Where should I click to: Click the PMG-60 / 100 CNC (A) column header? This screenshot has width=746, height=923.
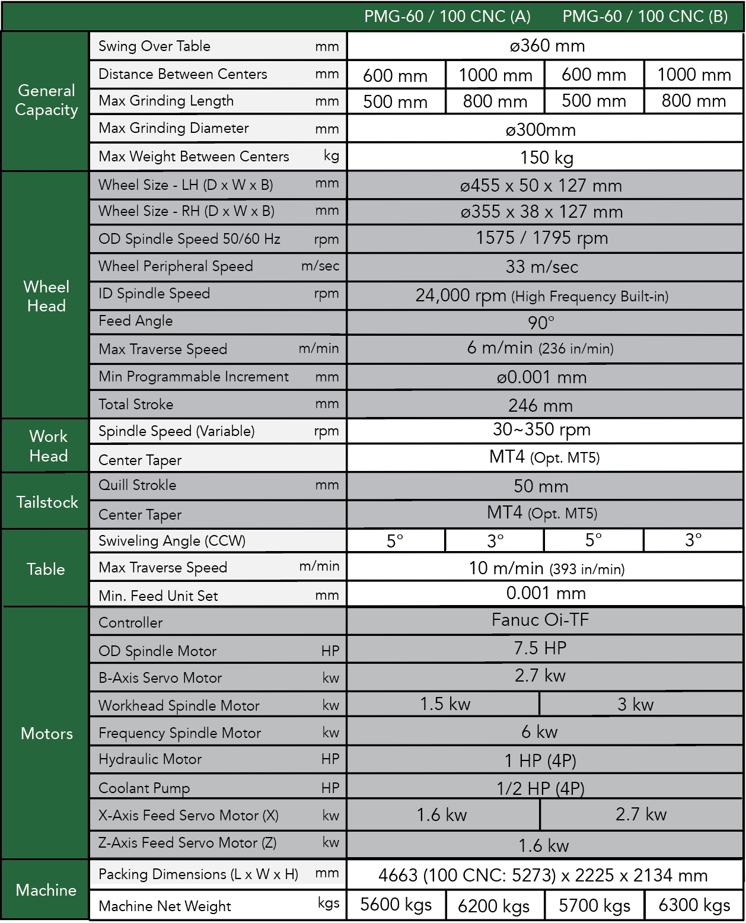pos(447,17)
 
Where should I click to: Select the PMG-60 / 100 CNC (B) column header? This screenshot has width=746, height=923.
pos(645,17)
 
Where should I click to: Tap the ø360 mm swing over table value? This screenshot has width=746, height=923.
pos(547,46)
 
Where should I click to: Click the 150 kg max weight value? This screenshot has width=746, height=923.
pos(547,157)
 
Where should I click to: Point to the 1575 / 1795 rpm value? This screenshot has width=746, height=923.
pos(542,238)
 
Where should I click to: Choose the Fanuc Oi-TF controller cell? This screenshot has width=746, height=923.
pos(540,620)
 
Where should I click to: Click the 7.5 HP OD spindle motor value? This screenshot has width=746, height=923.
pos(540,648)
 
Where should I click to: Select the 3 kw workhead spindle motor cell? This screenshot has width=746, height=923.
pos(635,704)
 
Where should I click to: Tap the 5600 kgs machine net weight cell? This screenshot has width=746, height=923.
pos(396,905)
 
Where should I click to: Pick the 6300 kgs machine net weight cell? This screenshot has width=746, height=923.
pos(694,905)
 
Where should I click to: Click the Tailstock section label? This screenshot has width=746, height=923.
pos(47,502)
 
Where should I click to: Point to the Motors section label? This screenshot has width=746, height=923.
pos(47,733)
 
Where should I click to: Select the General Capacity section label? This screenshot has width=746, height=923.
pos(47,100)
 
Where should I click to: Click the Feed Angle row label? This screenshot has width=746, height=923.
pos(136,321)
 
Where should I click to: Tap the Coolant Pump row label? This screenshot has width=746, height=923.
pos(144,788)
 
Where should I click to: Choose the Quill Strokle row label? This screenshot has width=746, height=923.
pos(138,485)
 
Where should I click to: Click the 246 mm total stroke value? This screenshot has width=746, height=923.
pos(540,406)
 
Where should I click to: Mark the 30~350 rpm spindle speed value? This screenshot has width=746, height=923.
pos(541,429)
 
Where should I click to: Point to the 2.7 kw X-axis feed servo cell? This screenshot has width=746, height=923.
pos(641,814)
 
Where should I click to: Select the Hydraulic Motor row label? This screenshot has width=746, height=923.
pos(150,759)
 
